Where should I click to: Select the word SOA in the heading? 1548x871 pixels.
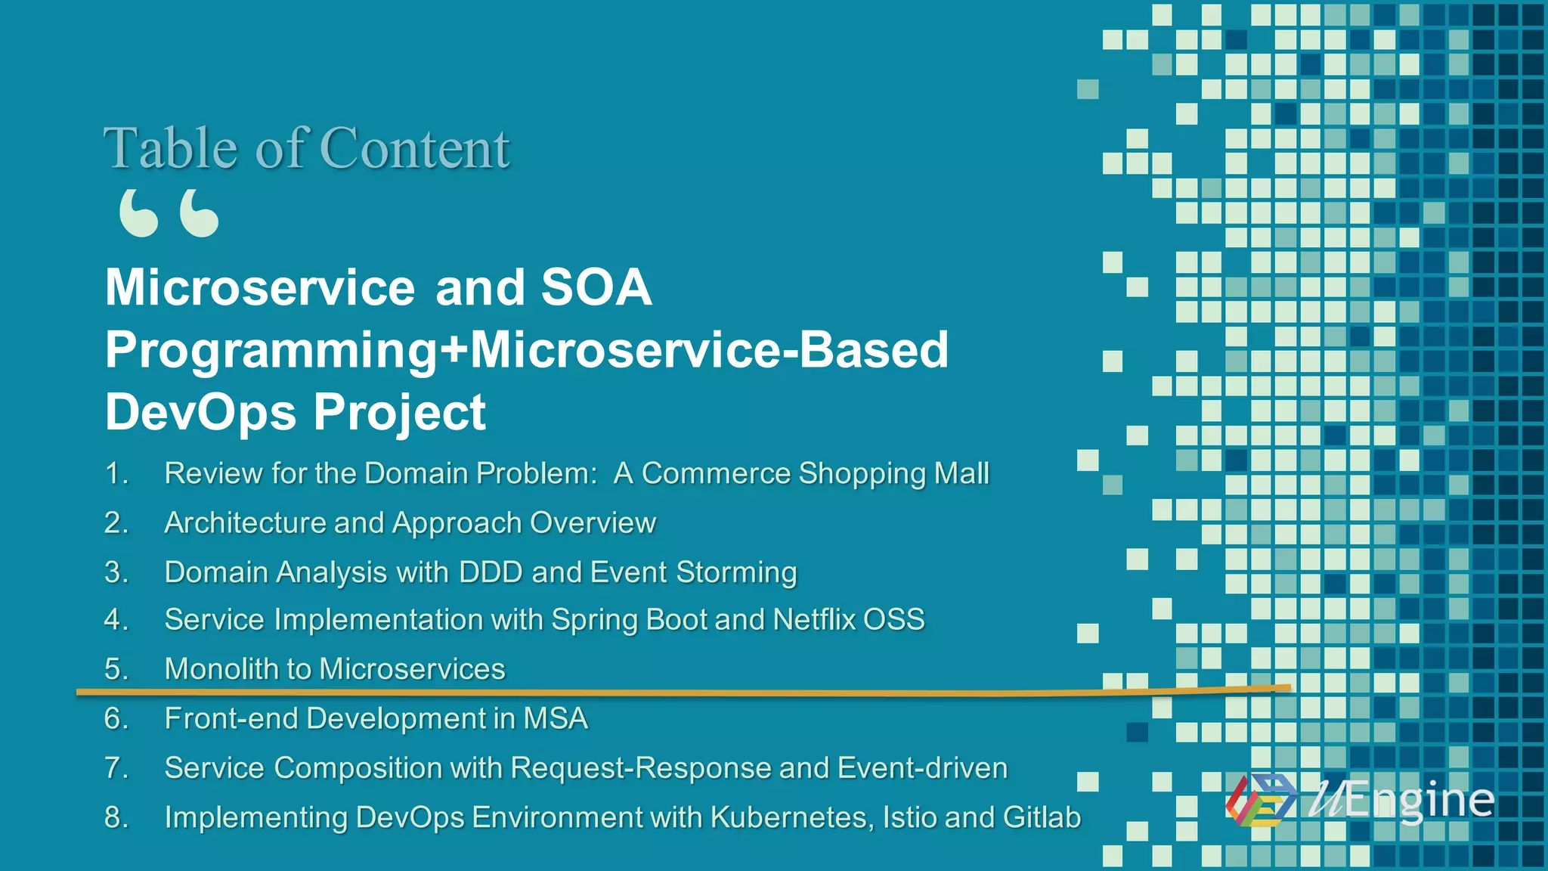(596, 287)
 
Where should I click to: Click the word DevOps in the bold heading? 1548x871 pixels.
(200, 412)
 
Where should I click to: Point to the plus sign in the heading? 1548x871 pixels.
(454, 350)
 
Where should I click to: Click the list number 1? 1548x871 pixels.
(116, 473)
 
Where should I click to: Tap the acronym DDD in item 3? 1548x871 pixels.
(491, 572)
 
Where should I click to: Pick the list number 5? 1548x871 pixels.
(116, 669)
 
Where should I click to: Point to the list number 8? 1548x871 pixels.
(116, 817)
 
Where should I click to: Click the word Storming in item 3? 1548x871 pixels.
(736, 572)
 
